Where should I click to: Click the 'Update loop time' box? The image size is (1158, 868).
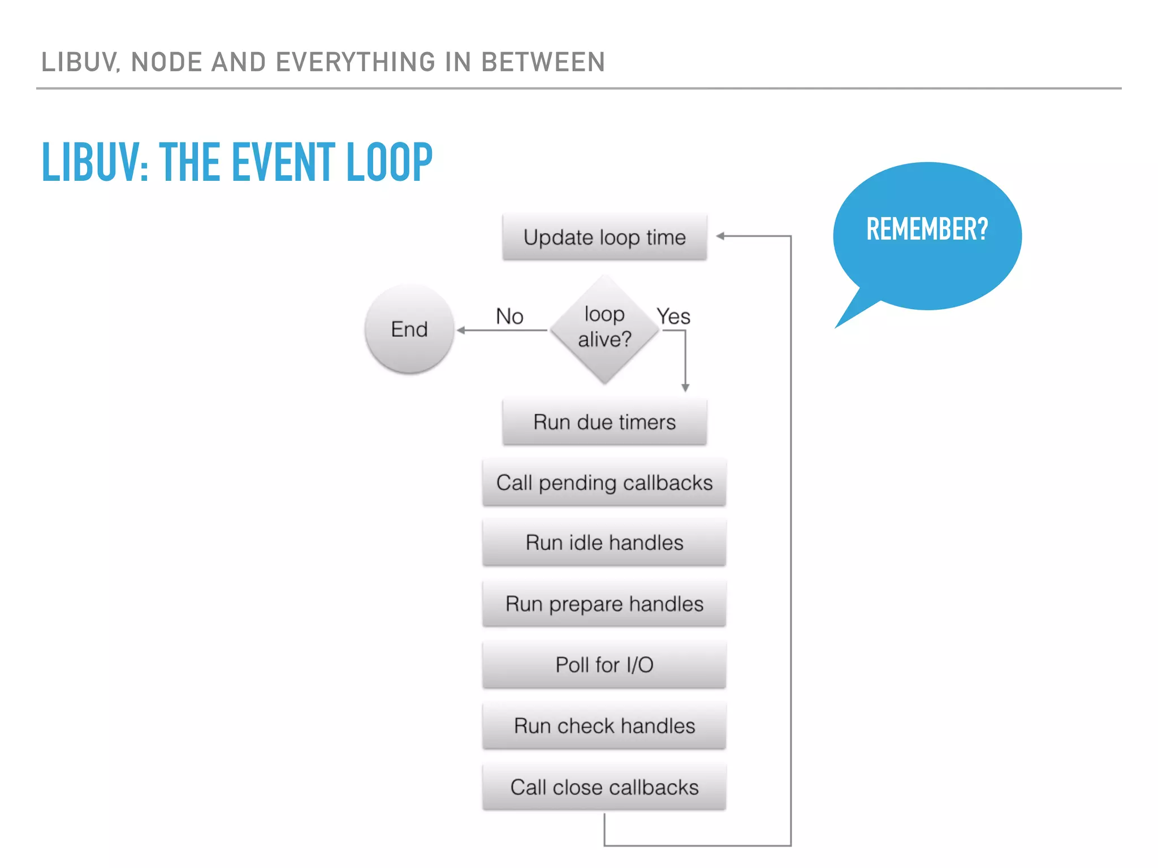(604, 237)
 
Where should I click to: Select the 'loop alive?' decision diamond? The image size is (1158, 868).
(604, 328)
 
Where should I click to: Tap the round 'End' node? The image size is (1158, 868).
(409, 329)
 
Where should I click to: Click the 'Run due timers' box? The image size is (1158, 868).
(604, 422)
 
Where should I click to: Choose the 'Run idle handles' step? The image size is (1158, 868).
(604, 543)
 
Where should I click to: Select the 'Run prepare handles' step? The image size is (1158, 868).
(604, 604)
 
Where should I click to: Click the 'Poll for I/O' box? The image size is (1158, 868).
(604, 665)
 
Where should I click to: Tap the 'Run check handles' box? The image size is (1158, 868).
(604, 726)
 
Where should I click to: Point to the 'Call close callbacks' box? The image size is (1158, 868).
(604, 787)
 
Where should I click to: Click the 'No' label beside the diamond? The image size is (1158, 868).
(509, 316)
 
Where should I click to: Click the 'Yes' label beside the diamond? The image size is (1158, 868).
(673, 316)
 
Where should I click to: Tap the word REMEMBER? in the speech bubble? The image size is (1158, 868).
(927, 229)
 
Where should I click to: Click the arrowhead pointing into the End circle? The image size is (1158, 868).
(461, 330)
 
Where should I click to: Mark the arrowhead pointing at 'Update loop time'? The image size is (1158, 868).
(720, 236)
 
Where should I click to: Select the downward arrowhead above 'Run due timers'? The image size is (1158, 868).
(685, 388)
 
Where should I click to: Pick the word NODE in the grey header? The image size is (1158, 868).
(167, 62)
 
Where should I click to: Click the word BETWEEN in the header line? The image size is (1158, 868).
(543, 62)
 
